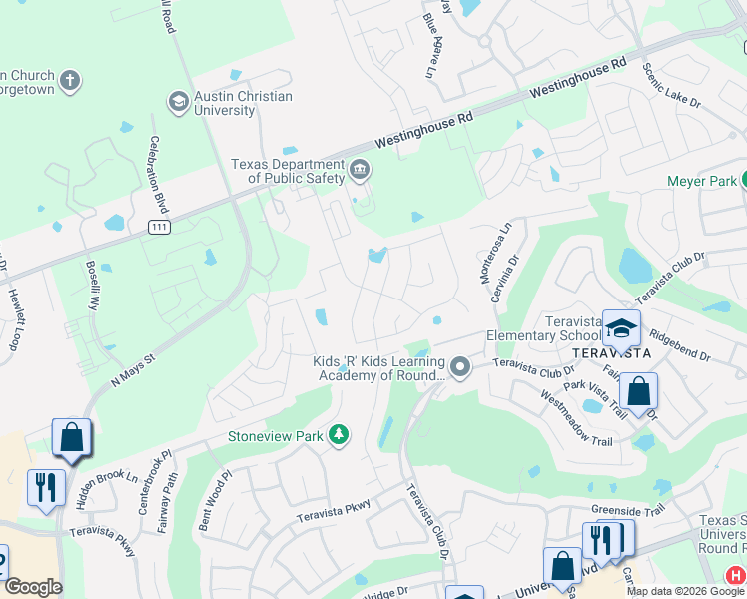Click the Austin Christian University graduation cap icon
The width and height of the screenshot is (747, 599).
(179, 101)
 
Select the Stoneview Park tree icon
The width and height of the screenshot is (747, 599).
(340, 435)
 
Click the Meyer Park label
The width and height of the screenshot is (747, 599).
(702, 181)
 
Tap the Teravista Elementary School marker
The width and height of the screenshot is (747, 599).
(621, 329)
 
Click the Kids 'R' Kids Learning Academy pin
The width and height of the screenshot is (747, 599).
(460, 368)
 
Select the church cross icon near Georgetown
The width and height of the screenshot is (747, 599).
(69, 80)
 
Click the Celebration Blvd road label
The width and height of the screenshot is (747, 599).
(158, 174)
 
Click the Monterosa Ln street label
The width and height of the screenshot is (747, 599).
(499, 250)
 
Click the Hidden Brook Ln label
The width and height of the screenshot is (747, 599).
(105, 488)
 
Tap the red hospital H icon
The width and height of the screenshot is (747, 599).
(735, 575)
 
